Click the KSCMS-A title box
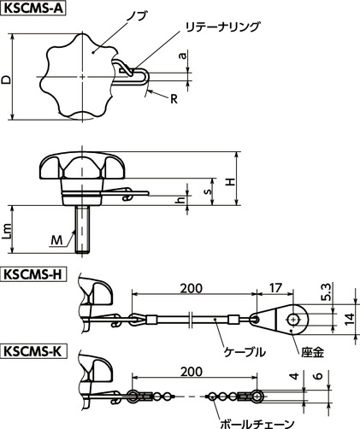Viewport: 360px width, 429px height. click(x=34, y=9)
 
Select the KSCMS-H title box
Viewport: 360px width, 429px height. click(x=34, y=275)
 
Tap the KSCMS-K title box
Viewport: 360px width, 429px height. click(x=34, y=350)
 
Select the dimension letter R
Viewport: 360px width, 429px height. click(x=174, y=99)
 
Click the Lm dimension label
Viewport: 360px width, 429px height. click(x=8, y=229)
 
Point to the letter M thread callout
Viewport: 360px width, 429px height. click(x=55, y=242)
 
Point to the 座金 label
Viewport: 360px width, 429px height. click(x=311, y=350)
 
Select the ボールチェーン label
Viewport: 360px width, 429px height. click(x=257, y=422)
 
